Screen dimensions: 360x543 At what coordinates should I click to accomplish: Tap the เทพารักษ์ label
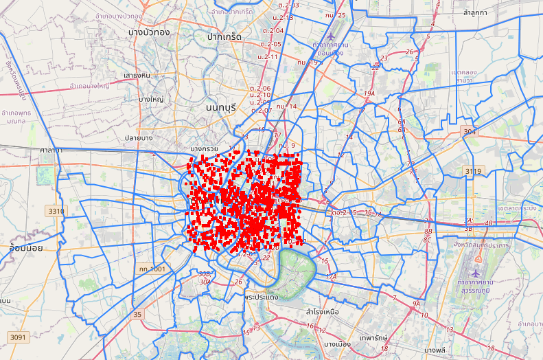[373, 338]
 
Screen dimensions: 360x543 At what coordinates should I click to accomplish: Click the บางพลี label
[436, 350]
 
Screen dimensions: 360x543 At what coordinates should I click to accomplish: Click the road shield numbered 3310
[56, 210]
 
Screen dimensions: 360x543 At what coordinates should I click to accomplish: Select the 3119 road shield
[474, 170]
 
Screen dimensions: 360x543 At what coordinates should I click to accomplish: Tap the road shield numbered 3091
[18, 337]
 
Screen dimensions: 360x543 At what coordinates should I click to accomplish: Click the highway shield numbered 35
[138, 315]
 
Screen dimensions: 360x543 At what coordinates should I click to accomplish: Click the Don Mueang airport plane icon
[332, 36]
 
